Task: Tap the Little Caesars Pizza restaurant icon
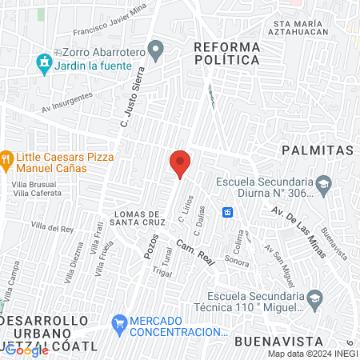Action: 7,158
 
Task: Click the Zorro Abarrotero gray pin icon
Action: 158,50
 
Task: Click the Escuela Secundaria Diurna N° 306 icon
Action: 324,186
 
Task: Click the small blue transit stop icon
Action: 228,212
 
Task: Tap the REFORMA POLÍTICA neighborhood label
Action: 227,54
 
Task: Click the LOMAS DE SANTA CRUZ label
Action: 141,218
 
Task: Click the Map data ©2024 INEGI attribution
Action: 312,354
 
